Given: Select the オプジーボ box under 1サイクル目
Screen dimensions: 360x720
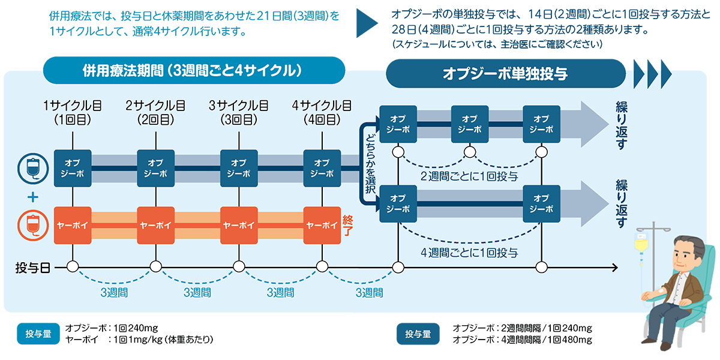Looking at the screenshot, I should point(73,169).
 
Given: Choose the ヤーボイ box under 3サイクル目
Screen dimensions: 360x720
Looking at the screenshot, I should point(239,226).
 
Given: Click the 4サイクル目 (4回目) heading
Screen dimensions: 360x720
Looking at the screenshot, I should point(322,112).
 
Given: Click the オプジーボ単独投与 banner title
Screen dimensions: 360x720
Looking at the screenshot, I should point(505,73).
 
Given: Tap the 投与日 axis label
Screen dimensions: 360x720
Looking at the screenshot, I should point(32,267).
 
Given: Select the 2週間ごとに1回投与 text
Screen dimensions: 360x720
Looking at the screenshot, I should point(469,176).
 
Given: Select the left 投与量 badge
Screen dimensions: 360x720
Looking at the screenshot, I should point(39,334).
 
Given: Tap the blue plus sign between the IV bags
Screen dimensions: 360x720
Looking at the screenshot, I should point(32,197).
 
